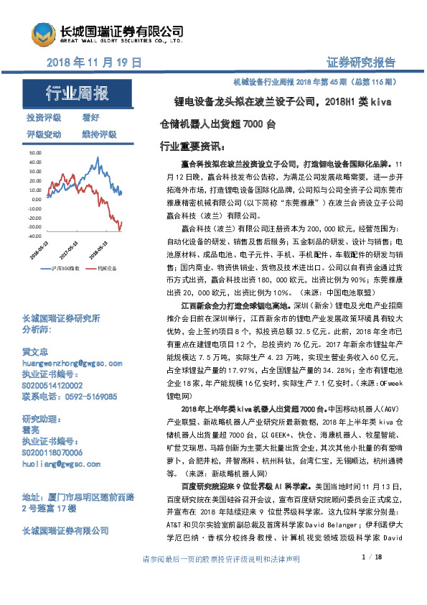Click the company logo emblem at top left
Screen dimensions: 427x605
point(43,34)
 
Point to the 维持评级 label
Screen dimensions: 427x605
point(99,134)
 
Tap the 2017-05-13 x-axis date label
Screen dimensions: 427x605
point(69,251)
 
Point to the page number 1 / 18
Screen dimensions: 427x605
point(372,578)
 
